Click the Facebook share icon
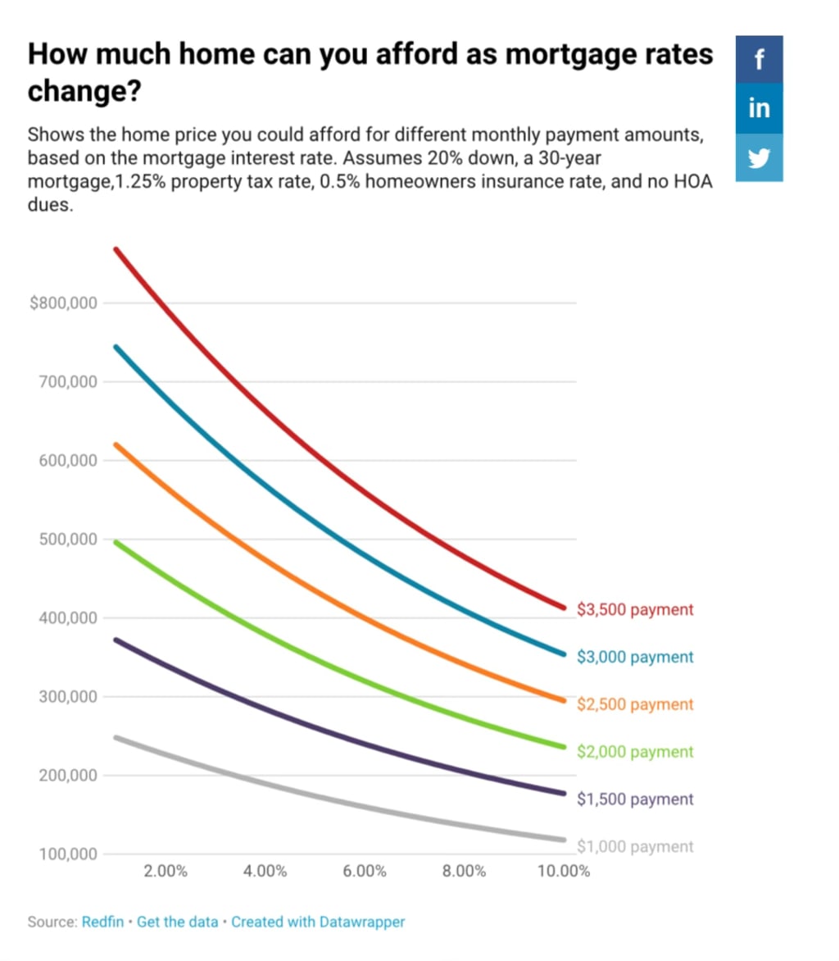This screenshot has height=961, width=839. point(759,59)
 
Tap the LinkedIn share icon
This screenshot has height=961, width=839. point(759,107)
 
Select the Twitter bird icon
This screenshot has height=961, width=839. point(759,157)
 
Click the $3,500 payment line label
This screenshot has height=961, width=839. point(635,610)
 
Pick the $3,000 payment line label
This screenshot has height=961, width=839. point(635,657)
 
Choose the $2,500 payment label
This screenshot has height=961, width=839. point(635,704)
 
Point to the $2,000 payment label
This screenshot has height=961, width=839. point(635,752)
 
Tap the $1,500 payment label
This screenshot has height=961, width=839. point(635,799)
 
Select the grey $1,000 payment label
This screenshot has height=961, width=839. point(635,847)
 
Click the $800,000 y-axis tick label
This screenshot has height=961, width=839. point(63,303)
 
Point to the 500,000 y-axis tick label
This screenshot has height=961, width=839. point(67,540)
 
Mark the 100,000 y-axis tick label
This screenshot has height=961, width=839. point(67,854)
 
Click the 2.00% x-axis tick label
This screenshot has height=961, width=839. point(166,871)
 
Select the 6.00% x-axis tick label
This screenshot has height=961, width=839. point(365,871)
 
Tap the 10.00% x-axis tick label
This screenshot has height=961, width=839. point(563,871)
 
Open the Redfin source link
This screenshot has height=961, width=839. point(102,922)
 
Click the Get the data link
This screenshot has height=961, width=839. point(177,922)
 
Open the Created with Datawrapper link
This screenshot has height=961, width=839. point(318,922)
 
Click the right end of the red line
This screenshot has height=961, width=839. point(563,608)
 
